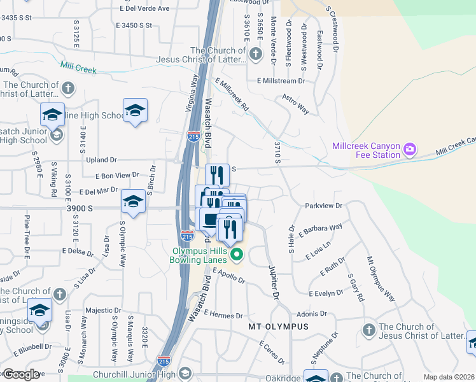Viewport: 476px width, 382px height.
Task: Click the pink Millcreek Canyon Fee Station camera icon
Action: click(x=410, y=150)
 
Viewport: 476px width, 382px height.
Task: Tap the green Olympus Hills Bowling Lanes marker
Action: click(x=237, y=257)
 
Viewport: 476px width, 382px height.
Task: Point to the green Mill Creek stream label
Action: click(x=78, y=67)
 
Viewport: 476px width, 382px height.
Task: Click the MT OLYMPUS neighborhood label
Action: click(x=278, y=327)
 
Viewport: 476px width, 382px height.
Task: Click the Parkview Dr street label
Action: click(x=324, y=206)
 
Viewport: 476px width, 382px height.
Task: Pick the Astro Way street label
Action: click(x=296, y=106)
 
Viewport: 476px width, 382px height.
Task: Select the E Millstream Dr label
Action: click(x=281, y=81)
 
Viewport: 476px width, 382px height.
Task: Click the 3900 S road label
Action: click(x=82, y=208)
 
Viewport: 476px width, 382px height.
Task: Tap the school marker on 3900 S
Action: click(x=134, y=202)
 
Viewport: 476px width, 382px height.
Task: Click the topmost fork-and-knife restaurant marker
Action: click(x=217, y=174)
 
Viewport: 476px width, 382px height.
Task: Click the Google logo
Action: click(x=21, y=374)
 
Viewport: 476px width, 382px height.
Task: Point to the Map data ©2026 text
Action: click(x=449, y=377)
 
